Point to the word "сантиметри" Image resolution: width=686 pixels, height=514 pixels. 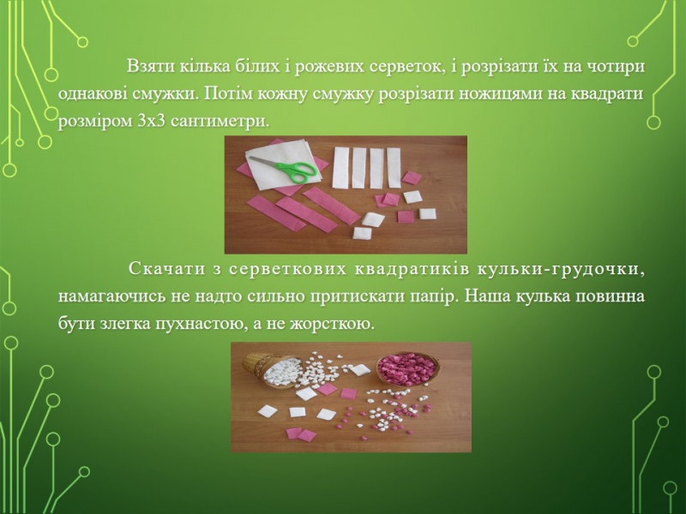[218, 121]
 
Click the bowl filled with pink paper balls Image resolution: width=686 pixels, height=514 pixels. [406, 368]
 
